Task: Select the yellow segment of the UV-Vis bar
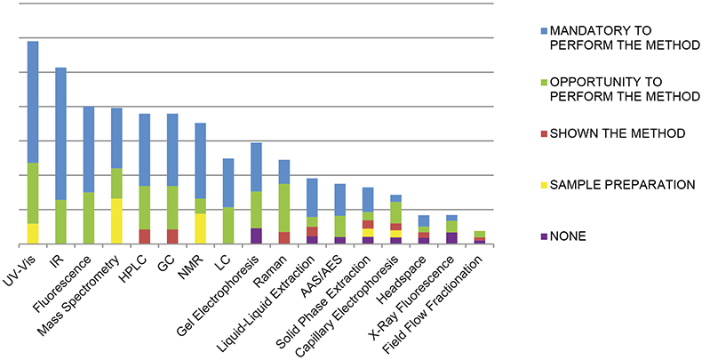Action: coord(33,233)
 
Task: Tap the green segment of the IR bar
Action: coord(60,221)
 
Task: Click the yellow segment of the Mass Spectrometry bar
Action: coord(116,220)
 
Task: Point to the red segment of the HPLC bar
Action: coord(144,236)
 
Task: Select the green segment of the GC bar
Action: coord(172,208)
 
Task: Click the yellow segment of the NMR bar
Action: coord(200,228)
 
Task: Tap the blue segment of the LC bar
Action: coord(228,182)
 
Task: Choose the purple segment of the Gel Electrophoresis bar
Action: coord(256,236)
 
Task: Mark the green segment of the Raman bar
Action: coord(284,208)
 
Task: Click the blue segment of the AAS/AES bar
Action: coord(339,199)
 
